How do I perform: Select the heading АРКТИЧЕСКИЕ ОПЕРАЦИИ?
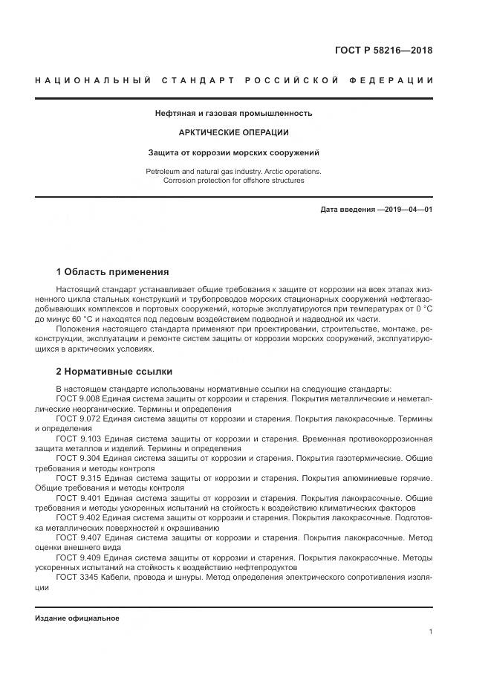pos(233,132)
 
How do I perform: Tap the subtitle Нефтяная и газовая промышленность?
pos(233,114)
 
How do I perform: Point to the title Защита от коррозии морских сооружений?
pos(233,152)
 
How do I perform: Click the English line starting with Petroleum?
pos(233,171)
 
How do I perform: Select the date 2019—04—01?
pos(406,210)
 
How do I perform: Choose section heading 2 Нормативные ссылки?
pos(114,371)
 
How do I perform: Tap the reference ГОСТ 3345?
pos(74,576)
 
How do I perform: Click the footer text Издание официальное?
pos(77,618)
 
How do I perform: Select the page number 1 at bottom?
pos(430,632)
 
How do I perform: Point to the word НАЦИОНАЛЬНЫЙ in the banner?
pos(93,80)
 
